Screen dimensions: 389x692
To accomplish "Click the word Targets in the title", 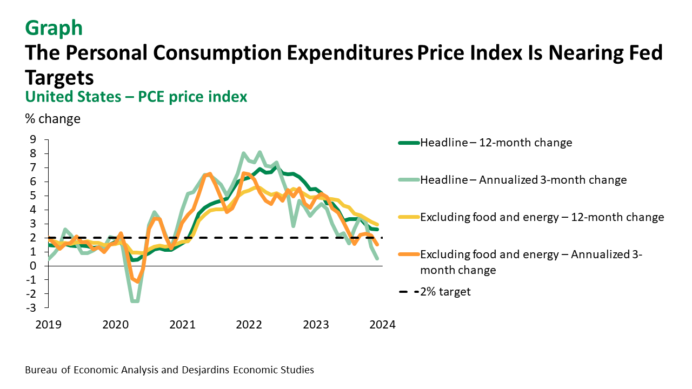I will pos(59,77).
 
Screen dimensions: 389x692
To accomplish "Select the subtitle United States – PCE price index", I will pos(136,97).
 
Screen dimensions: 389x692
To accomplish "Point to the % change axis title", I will pos(52,119).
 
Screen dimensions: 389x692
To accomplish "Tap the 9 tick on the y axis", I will pos(33,139).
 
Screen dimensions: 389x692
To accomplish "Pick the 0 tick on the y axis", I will pos(33,266).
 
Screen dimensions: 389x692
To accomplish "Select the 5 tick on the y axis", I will pos(33,196).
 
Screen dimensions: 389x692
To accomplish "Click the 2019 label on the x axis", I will pos(48,325).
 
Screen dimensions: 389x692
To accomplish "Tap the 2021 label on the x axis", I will pos(182,325).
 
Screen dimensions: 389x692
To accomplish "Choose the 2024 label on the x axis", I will pos(383,325).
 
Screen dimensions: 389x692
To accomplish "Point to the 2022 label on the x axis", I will pos(249,325).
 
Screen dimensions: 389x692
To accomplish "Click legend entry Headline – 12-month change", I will pos(496,143).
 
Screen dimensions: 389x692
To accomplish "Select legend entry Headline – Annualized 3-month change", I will pos(523,180).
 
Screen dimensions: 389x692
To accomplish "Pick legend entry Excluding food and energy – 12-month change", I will pos(542,217).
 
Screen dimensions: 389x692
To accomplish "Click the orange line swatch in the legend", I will pos(409,254).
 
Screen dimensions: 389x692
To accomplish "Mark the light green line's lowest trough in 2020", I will pos(135,301).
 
